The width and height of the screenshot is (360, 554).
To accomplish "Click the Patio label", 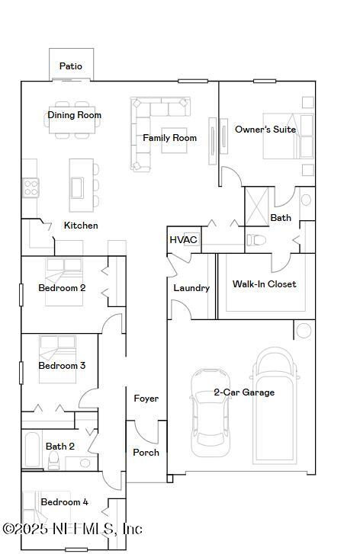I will (x=71, y=66).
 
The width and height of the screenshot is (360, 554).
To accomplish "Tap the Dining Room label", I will (x=75, y=115).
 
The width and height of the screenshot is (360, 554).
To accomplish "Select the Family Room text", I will (x=169, y=138).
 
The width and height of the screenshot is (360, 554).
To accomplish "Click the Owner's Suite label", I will (x=265, y=130).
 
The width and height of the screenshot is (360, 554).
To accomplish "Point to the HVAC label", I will (x=183, y=240).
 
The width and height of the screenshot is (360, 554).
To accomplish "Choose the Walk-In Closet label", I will (x=264, y=284).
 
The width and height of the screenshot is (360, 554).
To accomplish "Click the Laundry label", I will (x=191, y=288).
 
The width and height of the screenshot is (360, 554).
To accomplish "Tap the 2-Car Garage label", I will (x=244, y=392).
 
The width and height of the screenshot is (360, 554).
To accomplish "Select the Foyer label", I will (x=146, y=399).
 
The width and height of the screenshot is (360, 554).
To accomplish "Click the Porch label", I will (x=146, y=453).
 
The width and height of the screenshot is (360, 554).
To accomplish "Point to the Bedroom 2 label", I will (x=62, y=288).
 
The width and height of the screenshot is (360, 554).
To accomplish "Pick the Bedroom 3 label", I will (x=62, y=366).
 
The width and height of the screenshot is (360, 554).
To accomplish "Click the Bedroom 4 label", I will (x=64, y=502).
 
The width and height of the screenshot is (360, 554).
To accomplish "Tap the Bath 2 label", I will (x=60, y=447).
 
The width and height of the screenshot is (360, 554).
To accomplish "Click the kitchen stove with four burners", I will (x=31, y=187).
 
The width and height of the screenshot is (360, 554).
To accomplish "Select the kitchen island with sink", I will (x=81, y=184).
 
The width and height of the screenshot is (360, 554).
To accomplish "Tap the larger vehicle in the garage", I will (x=277, y=405).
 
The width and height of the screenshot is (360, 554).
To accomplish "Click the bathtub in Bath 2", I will (x=32, y=450).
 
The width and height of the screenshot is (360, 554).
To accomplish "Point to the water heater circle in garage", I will (x=304, y=330).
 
